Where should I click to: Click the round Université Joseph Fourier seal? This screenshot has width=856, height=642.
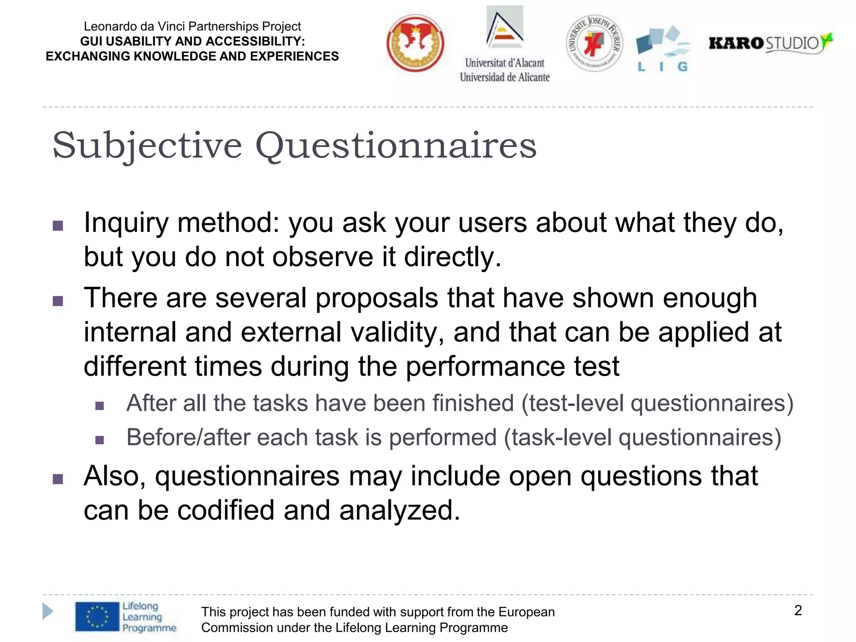pos(594,43)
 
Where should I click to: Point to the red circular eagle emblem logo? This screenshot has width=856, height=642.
pos(415,43)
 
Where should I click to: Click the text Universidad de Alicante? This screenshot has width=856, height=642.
pos(504,77)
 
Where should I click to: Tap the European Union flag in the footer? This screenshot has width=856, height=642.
pos(97,617)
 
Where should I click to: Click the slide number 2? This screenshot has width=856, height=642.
pos(797,610)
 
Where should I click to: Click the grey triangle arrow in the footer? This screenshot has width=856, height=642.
pos(48,611)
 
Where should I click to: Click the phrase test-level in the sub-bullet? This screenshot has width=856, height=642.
pos(577,403)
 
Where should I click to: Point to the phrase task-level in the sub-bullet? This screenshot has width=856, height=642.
pos(562,438)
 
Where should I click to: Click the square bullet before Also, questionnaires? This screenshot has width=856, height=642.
pos(58,479)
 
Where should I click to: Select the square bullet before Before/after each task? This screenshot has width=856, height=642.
pos(99,440)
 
